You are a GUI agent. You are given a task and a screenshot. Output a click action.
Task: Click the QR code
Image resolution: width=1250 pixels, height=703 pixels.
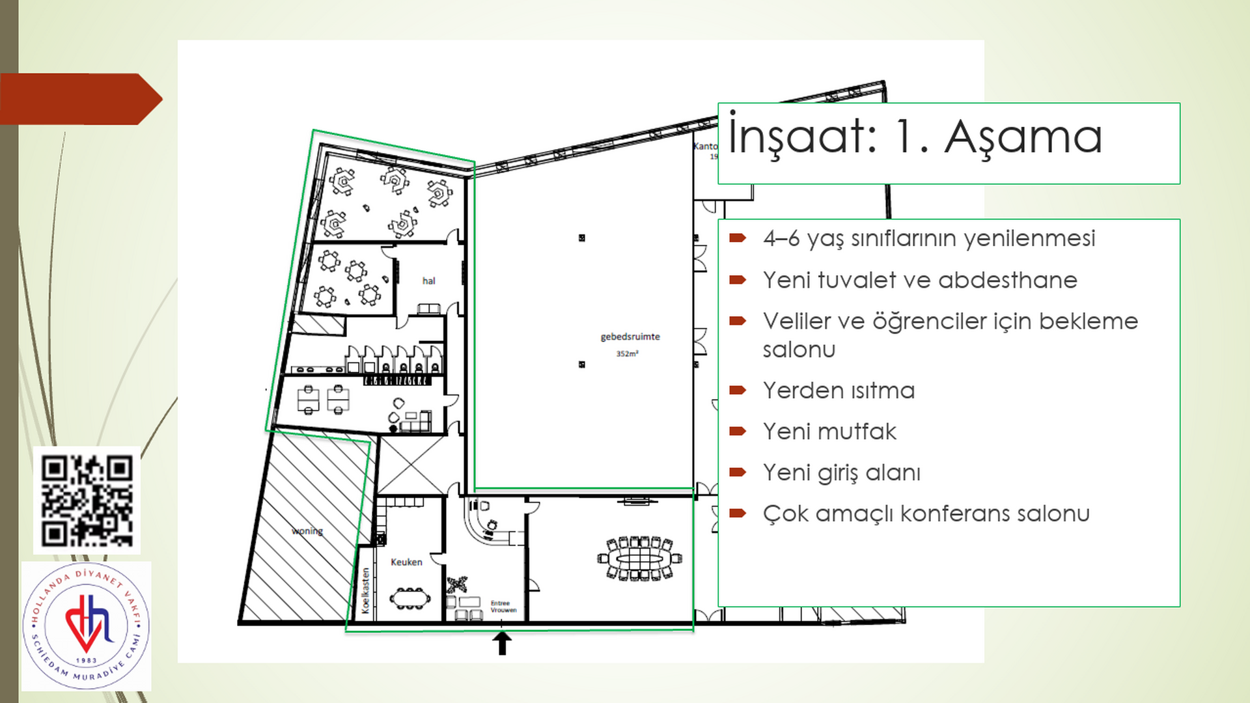87,501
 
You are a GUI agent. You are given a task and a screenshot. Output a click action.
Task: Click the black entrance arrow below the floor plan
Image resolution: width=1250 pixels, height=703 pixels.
501,643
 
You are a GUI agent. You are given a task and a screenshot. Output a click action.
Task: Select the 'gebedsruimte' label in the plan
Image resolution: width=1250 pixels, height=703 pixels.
630,337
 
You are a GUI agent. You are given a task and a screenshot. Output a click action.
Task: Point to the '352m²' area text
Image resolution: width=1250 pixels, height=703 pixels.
628,353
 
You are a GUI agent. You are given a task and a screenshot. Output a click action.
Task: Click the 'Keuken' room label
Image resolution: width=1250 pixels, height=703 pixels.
406,562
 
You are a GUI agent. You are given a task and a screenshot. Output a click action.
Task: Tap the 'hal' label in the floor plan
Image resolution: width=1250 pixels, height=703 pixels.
428,281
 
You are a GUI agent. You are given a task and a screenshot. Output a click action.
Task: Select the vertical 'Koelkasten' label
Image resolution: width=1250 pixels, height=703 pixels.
365,590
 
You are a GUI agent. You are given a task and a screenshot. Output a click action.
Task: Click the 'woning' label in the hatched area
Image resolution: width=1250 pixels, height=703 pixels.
307,531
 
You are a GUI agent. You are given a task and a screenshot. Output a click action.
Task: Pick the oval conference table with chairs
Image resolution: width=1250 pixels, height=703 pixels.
639,558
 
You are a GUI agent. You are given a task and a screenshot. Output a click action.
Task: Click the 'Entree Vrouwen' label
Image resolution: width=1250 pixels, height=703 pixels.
503,607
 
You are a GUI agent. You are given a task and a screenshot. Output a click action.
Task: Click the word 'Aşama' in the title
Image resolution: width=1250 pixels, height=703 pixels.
1023,138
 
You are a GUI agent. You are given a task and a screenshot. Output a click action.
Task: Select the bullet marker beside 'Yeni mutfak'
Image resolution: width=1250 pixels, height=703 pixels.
738,431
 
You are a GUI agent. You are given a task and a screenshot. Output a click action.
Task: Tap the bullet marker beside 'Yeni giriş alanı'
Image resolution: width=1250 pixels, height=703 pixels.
738,472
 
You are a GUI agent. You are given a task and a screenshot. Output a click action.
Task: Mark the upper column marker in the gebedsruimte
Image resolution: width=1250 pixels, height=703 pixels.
581,238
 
